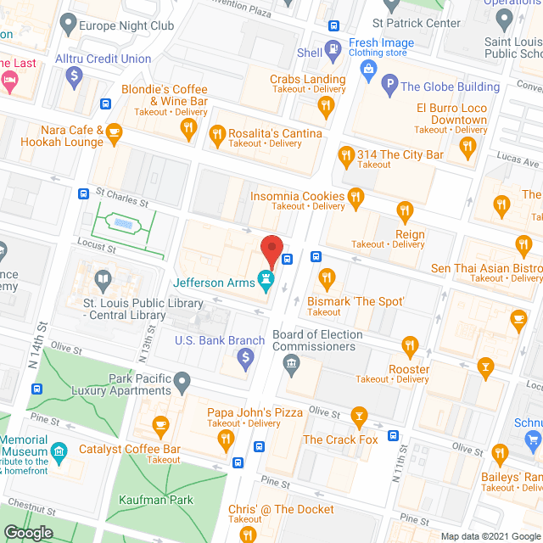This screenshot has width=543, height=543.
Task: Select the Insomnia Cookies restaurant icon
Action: tap(355, 199)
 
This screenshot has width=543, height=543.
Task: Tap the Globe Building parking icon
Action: tap(389, 83)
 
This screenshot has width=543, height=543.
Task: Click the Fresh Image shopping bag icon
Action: tap(368, 67)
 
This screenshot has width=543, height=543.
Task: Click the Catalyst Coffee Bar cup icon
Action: tap(160, 423)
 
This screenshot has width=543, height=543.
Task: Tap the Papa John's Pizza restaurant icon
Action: tap(226, 439)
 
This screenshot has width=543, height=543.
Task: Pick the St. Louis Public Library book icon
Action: tap(103, 279)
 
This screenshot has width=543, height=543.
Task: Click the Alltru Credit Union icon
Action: tap(75, 76)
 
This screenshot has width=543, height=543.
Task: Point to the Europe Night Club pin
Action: tap(68, 25)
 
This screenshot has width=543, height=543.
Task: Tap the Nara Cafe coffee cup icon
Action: tap(114, 132)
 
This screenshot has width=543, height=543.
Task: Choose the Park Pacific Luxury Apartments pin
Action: tap(182, 384)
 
